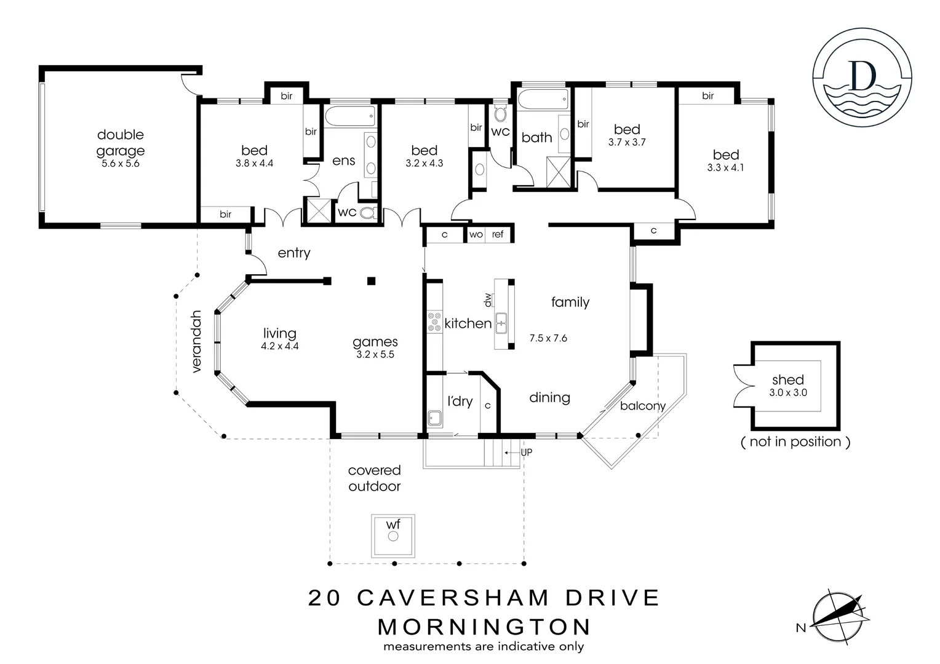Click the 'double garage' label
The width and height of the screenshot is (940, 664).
(121, 143)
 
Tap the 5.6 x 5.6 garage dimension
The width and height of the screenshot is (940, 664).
(121, 164)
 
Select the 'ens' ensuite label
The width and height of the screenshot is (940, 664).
(343, 161)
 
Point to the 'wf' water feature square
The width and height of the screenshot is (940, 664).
(393, 536)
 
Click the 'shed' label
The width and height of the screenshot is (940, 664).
(788, 380)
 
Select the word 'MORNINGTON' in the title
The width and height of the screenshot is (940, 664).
(484, 627)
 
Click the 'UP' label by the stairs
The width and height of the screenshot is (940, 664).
(526, 453)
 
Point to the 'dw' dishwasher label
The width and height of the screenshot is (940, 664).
(488, 300)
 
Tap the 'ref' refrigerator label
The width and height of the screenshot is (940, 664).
(498, 234)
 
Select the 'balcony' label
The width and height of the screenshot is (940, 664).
(642, 406)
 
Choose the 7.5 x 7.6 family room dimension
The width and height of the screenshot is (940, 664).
(548, 338)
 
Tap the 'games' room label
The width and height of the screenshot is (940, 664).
(375, 342)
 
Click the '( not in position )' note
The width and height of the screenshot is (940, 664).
(795, 441)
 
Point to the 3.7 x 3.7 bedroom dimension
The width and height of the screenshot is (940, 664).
(627, 142)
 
